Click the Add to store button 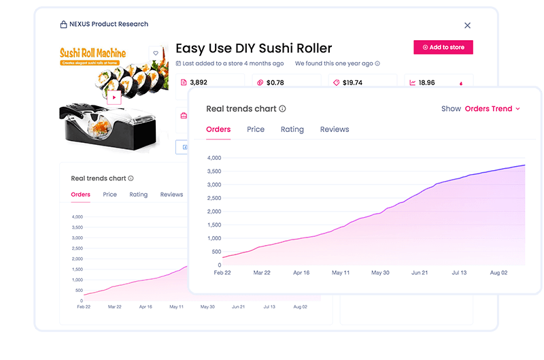pyautogui.click(x=443, y=48)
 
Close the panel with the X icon pyautogui.click(x=467, y=25)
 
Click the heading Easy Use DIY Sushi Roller pyautogui.click(x=254, y=48)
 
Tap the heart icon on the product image pyautogui.click(x=156, y=53)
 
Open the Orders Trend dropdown pyautogui.click(x=492, y=109)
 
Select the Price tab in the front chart pyautogui.click(x=256, y=129)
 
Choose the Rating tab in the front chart pyautogui.click(x=292, y=129)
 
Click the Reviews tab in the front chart pyautogui.click(x=335, y=129)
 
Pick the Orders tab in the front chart pyautogui.click(x=218, y=129)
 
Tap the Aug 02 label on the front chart pyautogui.click(x=498, y=272)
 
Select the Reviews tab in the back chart pyautogui.click(x=171, y=195)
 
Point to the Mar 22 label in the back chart pyautogui.click(x=115, y=307)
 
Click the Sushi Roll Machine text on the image pyautogui.click(x=92, y=52)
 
